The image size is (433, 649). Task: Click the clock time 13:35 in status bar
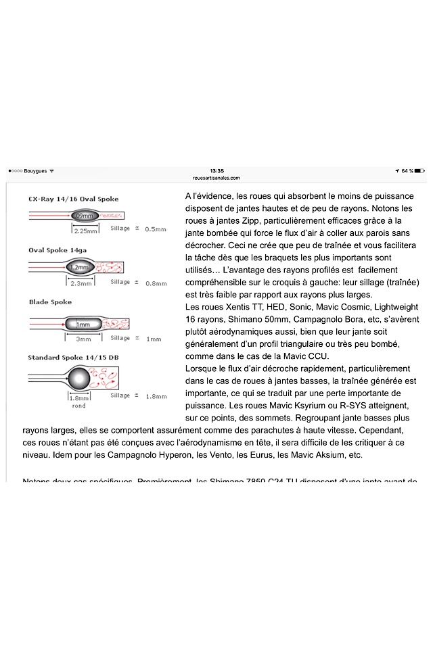click(x=216, y=171)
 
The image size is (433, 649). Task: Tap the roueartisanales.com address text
click(x=216, y=178)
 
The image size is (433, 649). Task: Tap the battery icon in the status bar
click(x=419, y=171)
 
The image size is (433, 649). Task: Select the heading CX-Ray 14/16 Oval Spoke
click(x=73, y=199)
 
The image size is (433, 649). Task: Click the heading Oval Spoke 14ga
click(x=62, y=250)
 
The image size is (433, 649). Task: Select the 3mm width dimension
click(x=83, y=339)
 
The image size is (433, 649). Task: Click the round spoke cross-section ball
click(x=81, y=379)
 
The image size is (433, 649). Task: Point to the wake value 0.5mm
click(x=156, y=229)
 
